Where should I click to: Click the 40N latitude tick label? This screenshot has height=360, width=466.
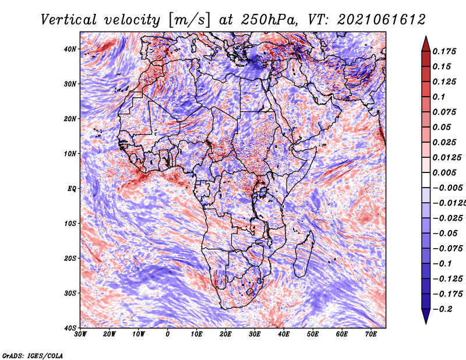point(70,49)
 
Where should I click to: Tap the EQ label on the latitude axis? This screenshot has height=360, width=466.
point(72,189)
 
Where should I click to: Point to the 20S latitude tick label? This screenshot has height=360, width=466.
point(70,258)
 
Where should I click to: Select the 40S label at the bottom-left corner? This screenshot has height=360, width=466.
point(70,328)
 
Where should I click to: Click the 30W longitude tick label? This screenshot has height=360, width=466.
point(80,334)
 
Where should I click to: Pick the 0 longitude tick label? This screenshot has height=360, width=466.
point(168,334)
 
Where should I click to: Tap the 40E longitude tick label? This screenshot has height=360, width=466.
point(284,334)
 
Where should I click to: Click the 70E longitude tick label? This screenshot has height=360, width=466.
point(371,334)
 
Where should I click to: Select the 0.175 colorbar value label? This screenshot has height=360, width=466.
point(444,51)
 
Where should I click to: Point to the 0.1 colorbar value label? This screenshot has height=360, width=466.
point(439,97)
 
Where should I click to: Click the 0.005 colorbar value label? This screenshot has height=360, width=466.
point(444,172)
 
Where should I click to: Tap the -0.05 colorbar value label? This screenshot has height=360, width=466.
point(447,234)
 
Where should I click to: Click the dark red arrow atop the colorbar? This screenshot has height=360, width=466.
point(426,44)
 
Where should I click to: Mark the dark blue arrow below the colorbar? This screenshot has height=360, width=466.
point(426,316)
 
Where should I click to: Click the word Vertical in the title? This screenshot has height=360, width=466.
point(69,20)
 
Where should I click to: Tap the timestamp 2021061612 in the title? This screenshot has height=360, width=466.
point(382,20)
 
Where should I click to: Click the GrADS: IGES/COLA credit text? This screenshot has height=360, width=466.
point(33,356)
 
